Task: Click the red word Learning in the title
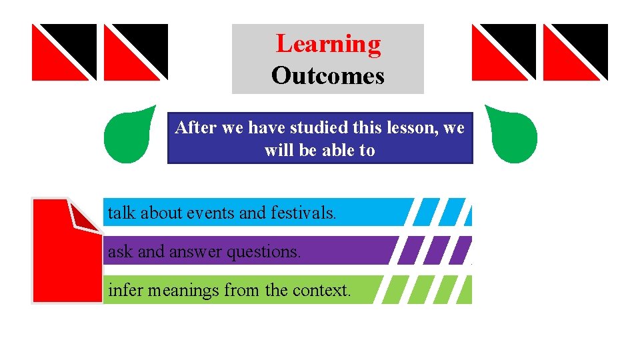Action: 328,44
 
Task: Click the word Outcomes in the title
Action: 328,76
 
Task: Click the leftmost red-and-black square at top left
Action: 64,52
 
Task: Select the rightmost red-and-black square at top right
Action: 575,52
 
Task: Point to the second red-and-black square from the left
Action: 136,52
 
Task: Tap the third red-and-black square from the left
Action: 504,52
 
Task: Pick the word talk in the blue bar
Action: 122,213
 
